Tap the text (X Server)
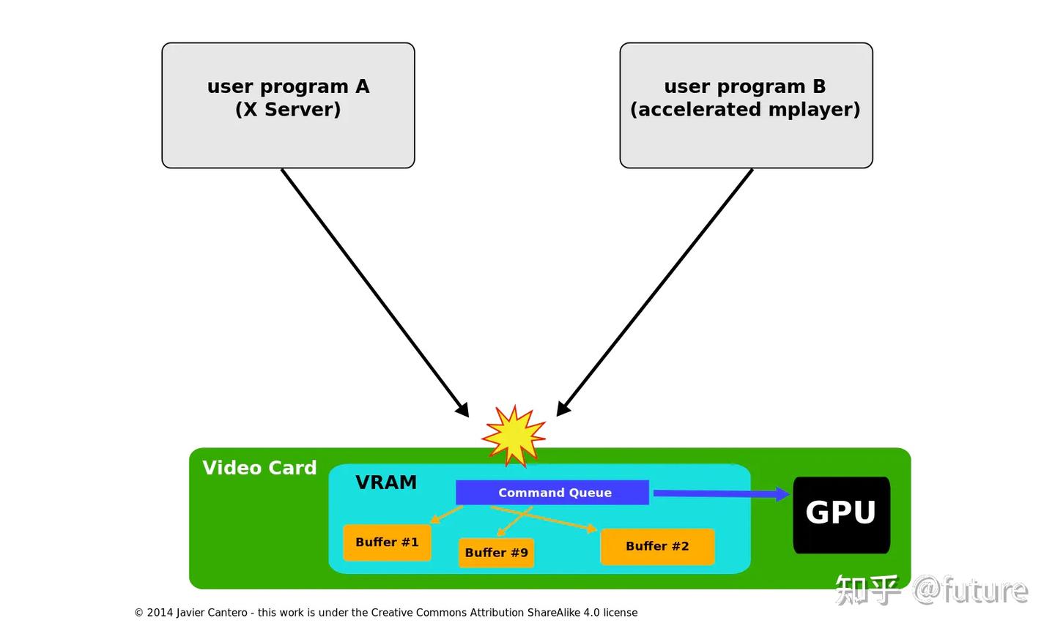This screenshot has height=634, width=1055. pos(288,110)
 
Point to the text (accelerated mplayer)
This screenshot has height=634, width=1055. pos(745,110)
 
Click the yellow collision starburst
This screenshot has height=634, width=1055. pos(514,436)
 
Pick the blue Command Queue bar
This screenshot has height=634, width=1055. pos(552,493)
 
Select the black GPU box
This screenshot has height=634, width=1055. pos(841,515)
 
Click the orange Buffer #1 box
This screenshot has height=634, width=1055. pos(387,542)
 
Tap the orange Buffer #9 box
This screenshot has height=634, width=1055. pos(496,553)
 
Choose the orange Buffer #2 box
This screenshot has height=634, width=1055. pos(657,546)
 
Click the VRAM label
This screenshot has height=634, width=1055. pos(386,482)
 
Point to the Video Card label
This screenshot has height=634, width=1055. pos(259,468)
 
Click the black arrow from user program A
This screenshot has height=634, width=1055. pos(374,292)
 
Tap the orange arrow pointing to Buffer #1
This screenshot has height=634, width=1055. pos(445,515)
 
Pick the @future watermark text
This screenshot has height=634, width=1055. pos(970,590)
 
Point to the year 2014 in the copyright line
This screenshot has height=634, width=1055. pos(158,613)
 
